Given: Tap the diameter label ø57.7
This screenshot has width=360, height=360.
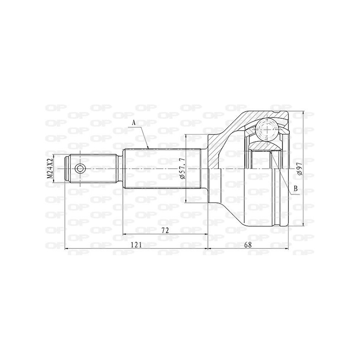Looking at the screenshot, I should pyautogui.click(x=182, y=169).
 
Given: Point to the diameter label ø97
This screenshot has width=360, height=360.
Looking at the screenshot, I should pyautogui.click(x=299, y=169).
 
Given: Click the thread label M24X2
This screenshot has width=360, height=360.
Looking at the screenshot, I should pyautogui.click(x=50, y=169).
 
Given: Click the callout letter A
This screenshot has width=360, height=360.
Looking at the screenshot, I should pyautogui.click(x=134, y=122).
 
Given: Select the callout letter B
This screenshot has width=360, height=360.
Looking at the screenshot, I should pyautogui.click(x=296, y=189).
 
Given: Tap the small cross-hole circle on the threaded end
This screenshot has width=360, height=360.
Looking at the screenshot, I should pyautogui.click(x=80, y=169).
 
